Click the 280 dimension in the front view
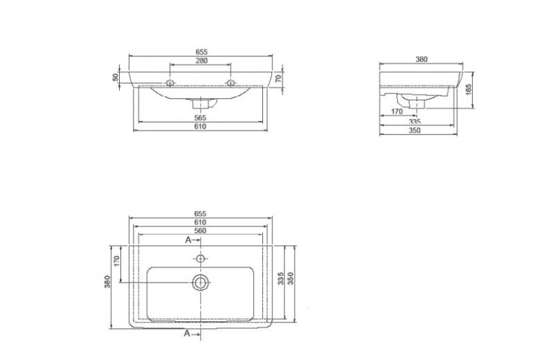(x=201, y=61)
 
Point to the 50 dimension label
(x=116, y=78)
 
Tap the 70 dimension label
(x=278, y=78)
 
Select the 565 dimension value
(x=201, y=118)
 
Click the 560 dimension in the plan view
(x=200, y=231)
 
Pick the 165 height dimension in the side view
(x=469, y=90)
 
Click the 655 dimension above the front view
(x=201, y=52)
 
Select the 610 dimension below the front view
(x=201, y=127)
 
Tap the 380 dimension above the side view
(x=421, y=59)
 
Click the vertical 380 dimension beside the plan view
(x=107, y=282)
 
